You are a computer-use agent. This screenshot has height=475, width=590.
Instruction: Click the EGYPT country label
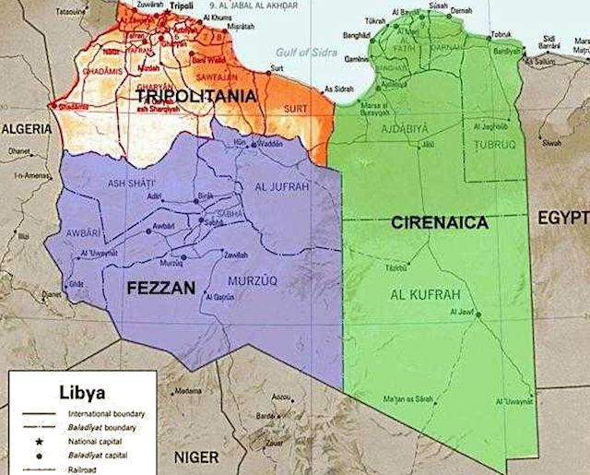click(x=564, y=217)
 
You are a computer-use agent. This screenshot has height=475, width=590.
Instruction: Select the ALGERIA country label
click(x=26, y=130)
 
